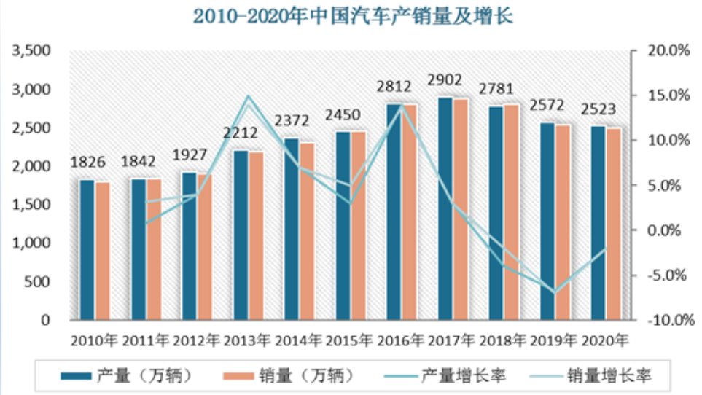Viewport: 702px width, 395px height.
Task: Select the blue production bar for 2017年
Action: pos(445,208)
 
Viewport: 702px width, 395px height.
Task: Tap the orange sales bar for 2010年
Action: pos(103,251)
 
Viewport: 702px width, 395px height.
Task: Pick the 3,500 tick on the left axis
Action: pos(29,51)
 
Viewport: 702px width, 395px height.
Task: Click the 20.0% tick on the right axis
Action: pos(668,51)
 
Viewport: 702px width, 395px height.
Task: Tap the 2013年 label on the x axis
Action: pos(248,340)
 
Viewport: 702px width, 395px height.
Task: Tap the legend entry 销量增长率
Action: pos(609,376)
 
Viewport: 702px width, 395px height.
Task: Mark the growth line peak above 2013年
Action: pos(248,97)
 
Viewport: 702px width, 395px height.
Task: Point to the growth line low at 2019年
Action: pos(555,292)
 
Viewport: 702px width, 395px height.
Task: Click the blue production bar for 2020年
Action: pos(598,222)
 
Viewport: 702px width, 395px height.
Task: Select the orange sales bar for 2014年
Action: pos(307,231)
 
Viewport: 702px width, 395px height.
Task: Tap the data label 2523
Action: pos(598,110)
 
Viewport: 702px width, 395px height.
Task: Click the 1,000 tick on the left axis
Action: pos(29,243)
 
